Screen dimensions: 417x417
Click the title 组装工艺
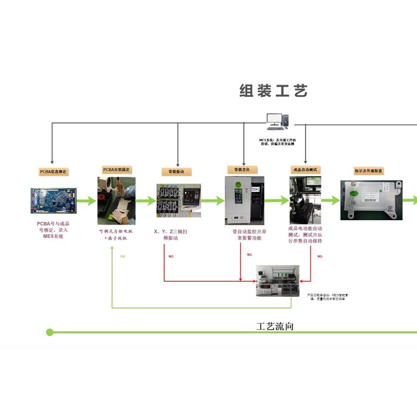coord(273,91)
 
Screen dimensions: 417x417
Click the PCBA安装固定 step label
coord(117,169)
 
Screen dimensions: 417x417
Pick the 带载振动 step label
coord(177,171)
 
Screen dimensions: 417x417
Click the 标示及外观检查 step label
coord(369,171)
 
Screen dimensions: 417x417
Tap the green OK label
coord(123,256)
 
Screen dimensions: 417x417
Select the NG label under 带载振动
coord(171,256)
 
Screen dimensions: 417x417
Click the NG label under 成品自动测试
coord(320,256)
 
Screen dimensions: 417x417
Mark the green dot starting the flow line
coord(49,332)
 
